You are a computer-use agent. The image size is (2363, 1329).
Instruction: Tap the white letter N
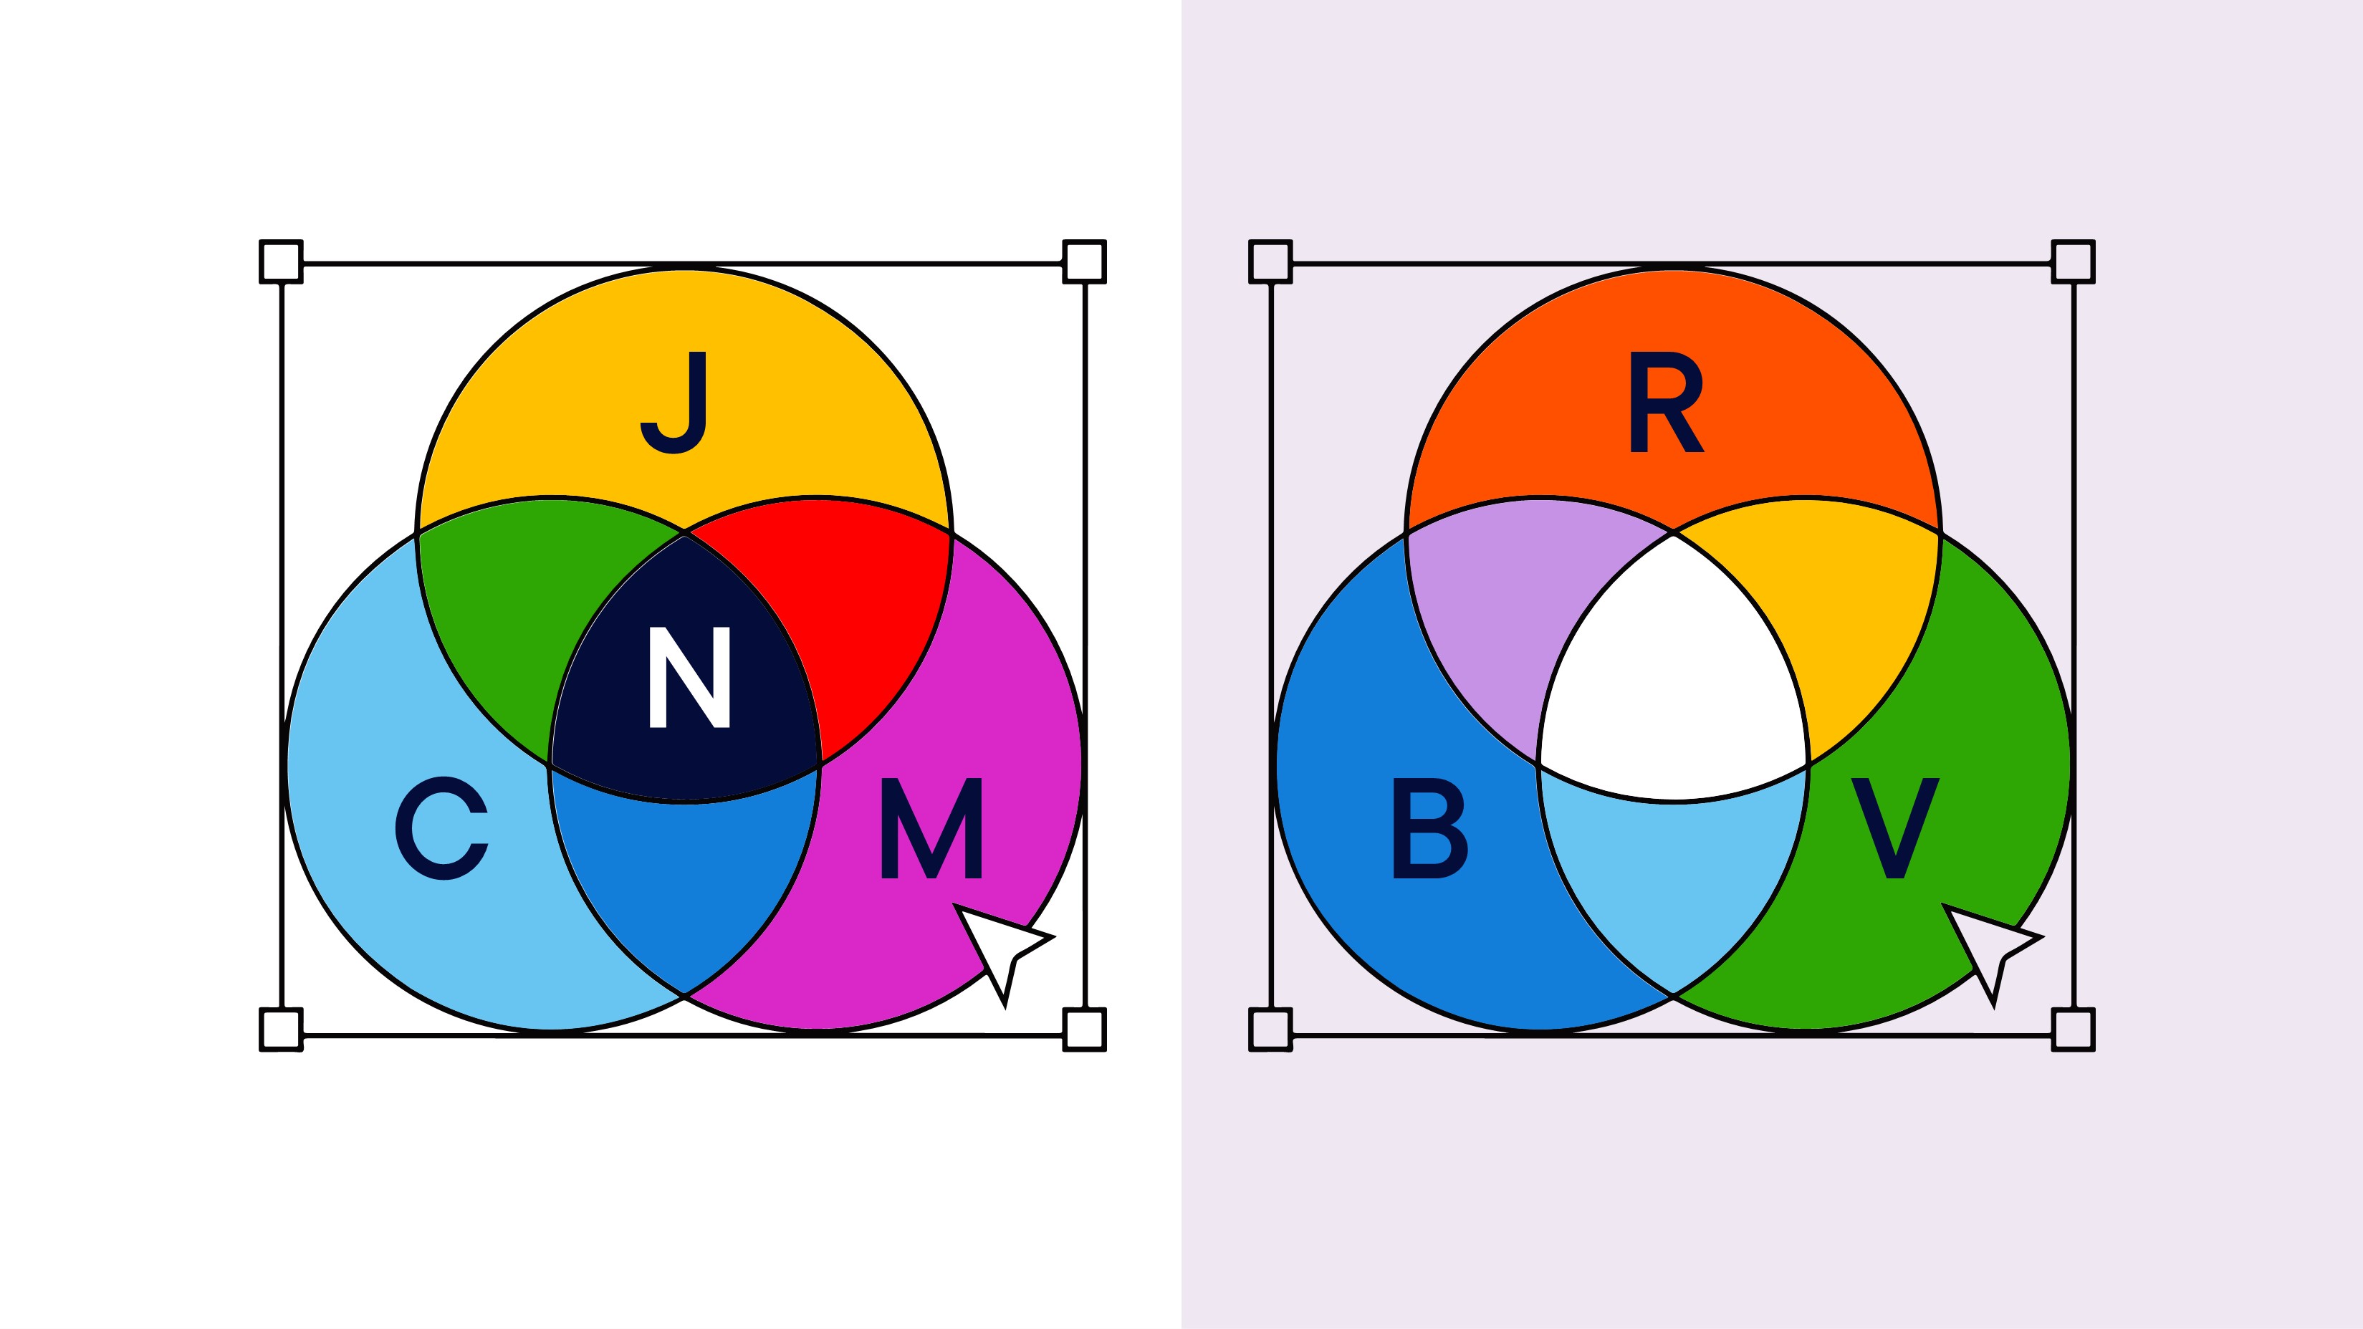coord(689,677)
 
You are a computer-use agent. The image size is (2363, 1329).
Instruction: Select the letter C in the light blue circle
coord(441,828)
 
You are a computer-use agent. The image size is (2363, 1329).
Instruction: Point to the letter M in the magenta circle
coord(931,828)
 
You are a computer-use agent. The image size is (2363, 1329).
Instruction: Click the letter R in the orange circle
coord(1666,403)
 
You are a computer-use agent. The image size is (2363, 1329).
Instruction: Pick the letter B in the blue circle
coord(1429,828)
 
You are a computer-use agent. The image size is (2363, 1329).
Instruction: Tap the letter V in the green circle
coord(1895,828)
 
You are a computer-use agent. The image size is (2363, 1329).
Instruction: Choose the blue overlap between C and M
coord(685,881)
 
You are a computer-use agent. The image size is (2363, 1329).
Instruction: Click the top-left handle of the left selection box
coord(281,262)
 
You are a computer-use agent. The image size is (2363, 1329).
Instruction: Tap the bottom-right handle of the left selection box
coord(1084,1029)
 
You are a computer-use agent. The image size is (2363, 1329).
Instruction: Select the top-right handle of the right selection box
coord(2073,262)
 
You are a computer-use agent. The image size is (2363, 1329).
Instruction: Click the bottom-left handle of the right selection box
coord(1270,1029)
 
